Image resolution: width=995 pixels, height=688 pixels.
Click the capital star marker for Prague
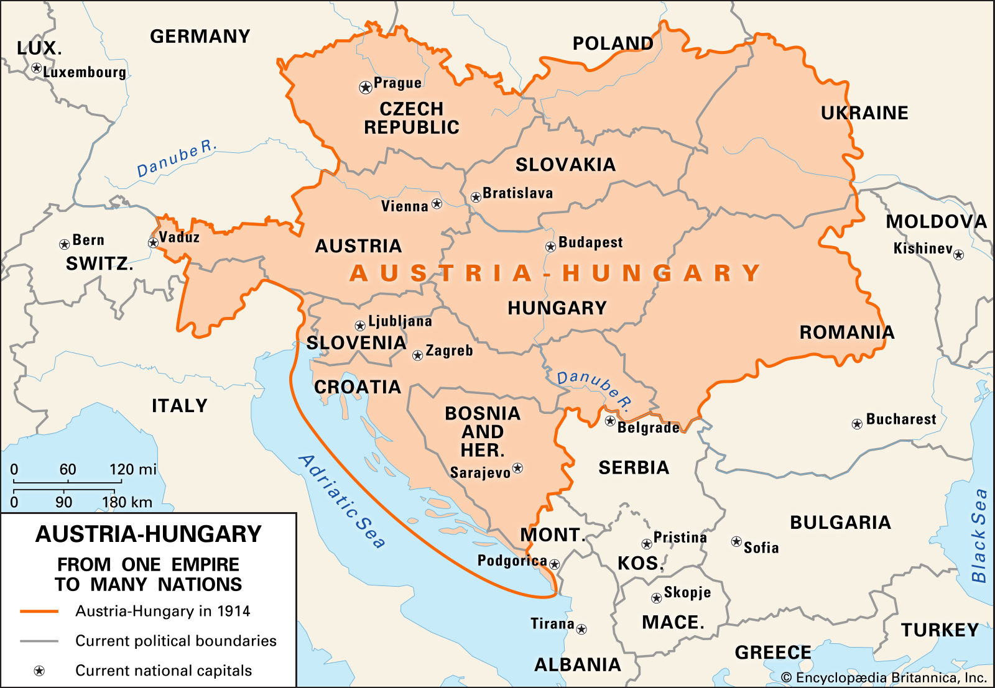tap(366, 88)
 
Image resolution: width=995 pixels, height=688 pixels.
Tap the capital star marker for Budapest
tap(550, 247)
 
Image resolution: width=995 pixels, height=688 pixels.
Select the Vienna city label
tap(404, 206)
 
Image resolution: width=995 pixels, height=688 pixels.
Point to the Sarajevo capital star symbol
tap(517, 468)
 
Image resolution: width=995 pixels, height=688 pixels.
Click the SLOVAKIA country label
tap(565, 165)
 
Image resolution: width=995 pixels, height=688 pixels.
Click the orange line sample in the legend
tap(39, 612)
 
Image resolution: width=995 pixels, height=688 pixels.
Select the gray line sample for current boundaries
tap(39, 641)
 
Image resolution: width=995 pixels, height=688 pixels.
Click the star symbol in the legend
tap(39, 671)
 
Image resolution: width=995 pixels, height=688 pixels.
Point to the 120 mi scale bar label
tap(133, 469)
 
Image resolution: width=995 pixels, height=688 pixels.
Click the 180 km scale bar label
tap(127, 502)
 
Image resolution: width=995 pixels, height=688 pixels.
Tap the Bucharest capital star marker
tap(857, 424)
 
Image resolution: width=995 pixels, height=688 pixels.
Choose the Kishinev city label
tap(923, 249)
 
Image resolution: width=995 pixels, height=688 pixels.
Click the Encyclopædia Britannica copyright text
tap(884, 677)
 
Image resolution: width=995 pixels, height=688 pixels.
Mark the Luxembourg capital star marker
tap(37, 68)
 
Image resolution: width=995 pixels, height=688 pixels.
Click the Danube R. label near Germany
tap(177, 159)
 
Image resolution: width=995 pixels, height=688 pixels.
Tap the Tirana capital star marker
tap(581, 629)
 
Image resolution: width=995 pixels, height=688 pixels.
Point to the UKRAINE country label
tap(864, 113)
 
